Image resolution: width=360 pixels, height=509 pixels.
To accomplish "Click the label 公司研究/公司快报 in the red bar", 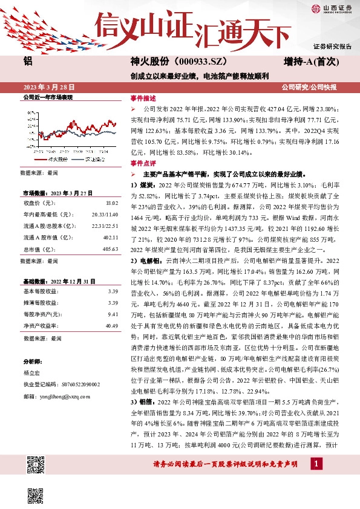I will click(317, 87).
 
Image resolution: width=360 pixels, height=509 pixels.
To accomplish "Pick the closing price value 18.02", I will click(111, 204).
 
